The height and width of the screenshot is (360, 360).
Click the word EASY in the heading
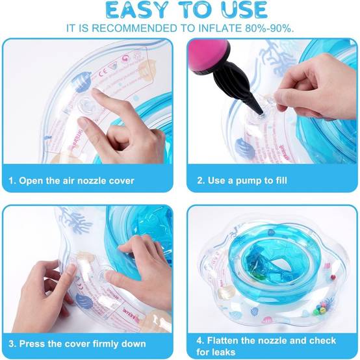coord(137,10)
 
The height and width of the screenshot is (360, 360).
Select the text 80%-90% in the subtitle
coord(269,28)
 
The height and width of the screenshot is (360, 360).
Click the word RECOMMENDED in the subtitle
coord(135,28)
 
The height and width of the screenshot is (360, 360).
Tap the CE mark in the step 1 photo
coord(103,73)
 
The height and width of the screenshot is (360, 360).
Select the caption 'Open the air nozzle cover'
coord(77,181)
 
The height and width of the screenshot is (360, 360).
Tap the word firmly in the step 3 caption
coord(105,344)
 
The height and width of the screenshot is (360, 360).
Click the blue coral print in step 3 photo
coord(75,219)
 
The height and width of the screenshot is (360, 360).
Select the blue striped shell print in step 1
coord(81,81)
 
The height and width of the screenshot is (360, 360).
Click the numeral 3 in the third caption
coord(11,344)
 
